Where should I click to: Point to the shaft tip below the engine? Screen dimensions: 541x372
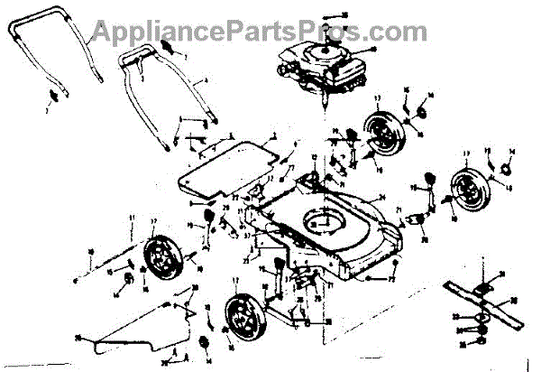click(321, 107)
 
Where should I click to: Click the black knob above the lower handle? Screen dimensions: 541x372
click(168, 43)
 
